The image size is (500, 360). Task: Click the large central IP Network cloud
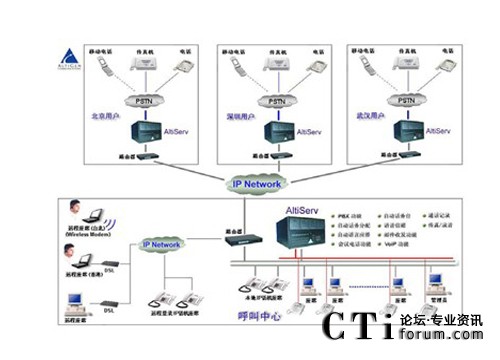[257, 183]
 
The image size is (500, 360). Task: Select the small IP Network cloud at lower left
[160, 243]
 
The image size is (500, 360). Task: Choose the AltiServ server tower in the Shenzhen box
[272, 131]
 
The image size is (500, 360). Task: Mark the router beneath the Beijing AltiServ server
[144, 156]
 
